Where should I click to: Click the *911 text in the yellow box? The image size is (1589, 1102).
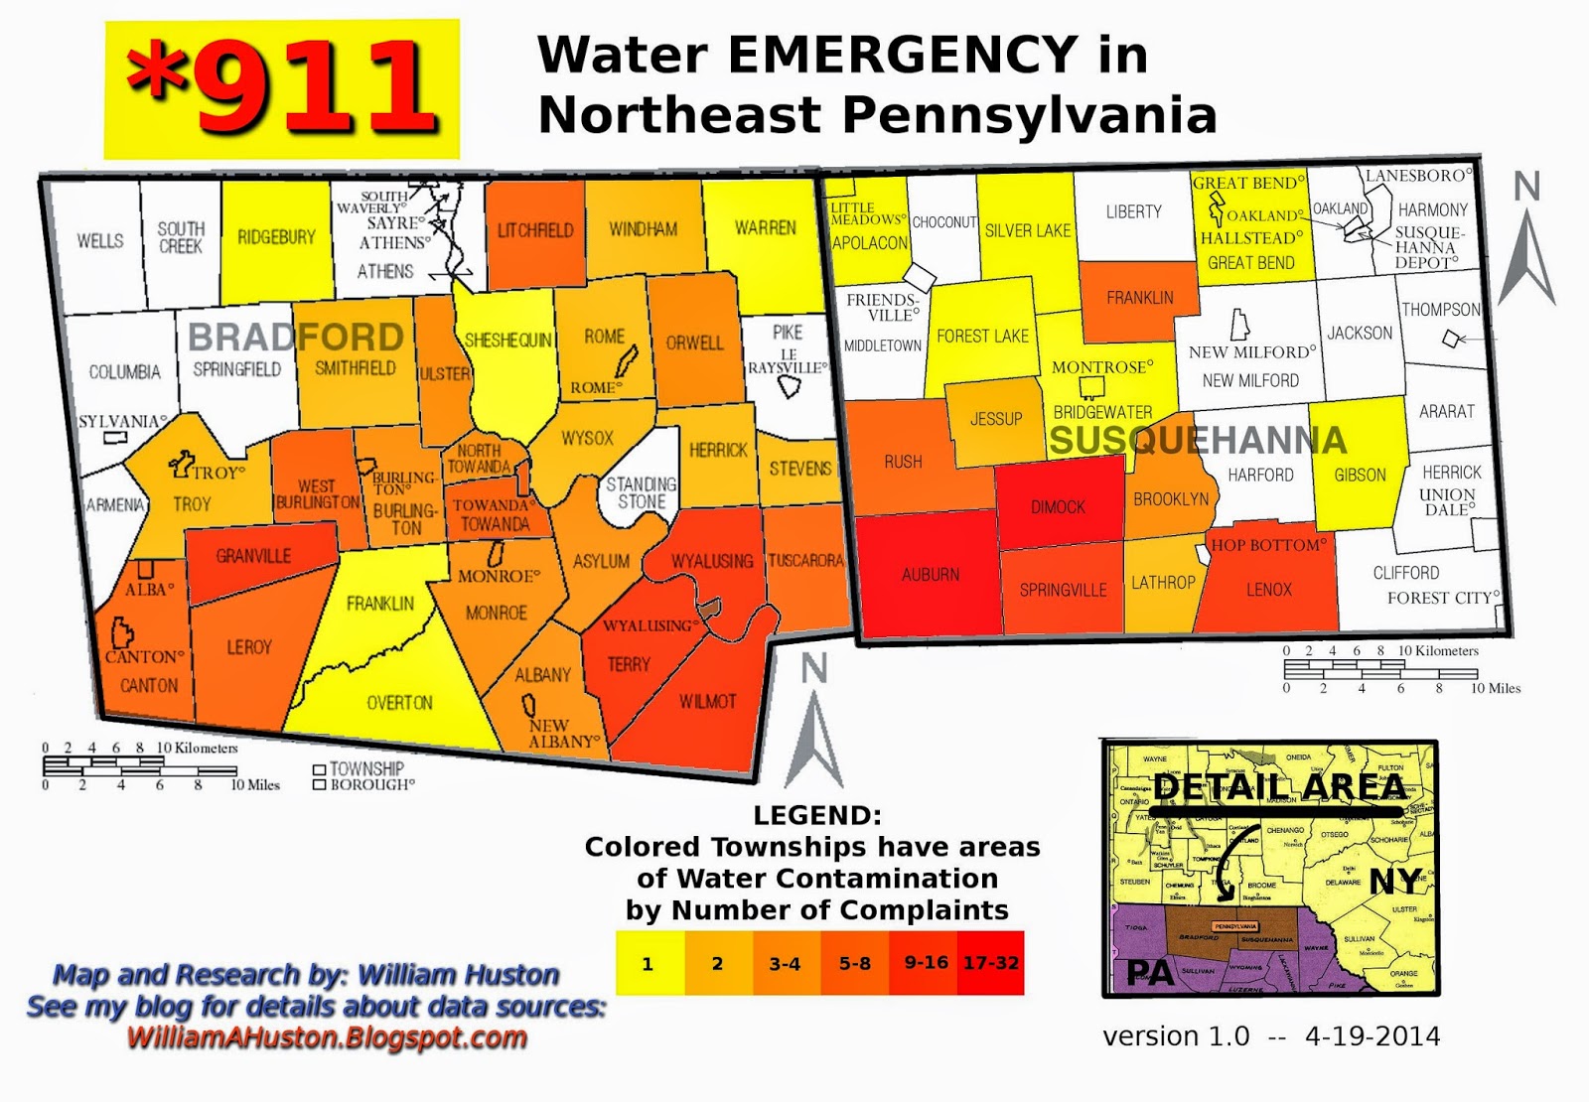point(282,88)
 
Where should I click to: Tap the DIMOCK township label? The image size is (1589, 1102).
point(1058,507)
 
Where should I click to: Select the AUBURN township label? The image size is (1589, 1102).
point(931,575)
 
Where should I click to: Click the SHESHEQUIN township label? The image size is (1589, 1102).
point(507,341)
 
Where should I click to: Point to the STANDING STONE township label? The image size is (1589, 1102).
point(641,493)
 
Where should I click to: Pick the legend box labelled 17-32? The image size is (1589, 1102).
point(991,963)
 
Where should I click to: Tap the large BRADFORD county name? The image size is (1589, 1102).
point(295,338)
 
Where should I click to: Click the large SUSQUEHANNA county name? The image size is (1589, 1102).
point(1198,440)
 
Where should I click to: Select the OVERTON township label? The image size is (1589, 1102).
point(399,703)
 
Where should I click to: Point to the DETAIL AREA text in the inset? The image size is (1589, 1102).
point(1279,787)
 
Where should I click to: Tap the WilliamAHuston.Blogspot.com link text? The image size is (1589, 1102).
point(327,1038)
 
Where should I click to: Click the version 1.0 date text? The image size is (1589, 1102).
point(1271,1036)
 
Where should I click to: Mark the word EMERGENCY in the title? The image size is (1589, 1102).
point(903,55)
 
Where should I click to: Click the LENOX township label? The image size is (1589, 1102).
point(1268,590)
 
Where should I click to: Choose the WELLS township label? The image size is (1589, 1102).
point(100,241)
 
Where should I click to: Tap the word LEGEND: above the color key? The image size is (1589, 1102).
point(816,816)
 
